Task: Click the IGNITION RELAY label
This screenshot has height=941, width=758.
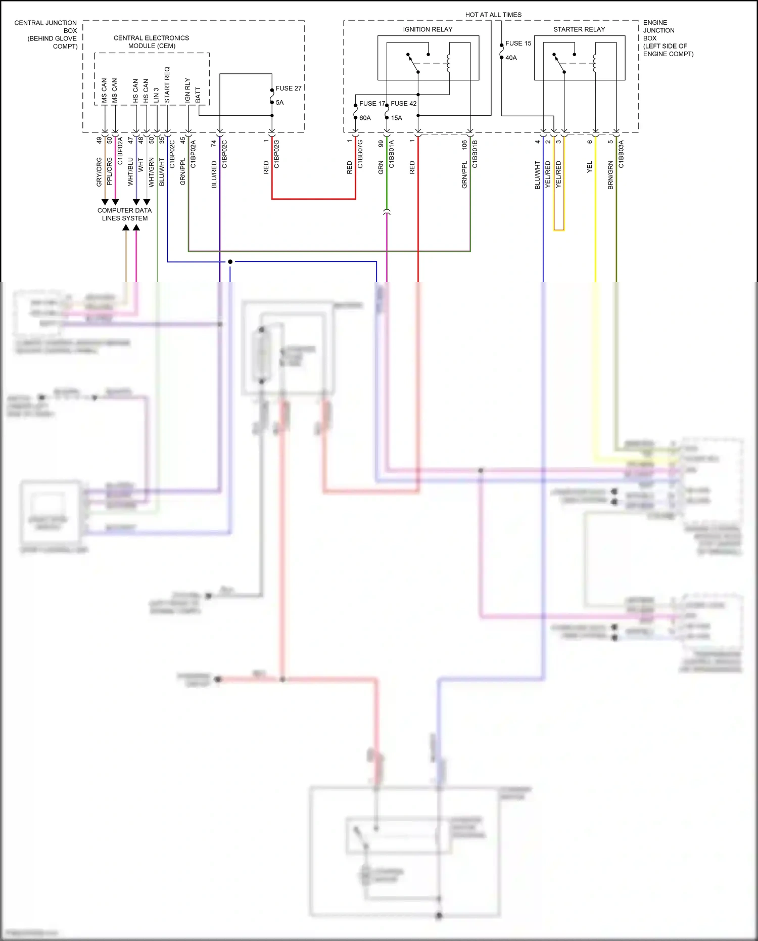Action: click(x=428, y=29)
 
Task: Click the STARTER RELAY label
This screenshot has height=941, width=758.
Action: click(x=579, y=29)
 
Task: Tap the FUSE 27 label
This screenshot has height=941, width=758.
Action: click(x=288, y=88)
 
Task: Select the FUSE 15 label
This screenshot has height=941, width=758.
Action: click(x=518, y=43)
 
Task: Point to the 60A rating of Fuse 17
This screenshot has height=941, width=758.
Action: click(x=365, y=118)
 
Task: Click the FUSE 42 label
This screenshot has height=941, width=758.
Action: click(x=403, y=104)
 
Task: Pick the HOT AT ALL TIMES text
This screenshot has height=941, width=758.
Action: click(x=493, y=15)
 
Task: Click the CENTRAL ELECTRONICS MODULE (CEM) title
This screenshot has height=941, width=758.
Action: click(x=151, y=42)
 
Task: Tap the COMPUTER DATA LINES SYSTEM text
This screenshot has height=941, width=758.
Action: click(x=124, y=214)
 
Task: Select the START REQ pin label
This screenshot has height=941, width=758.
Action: click(x=167, y=85)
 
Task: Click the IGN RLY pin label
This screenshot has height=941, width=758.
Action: click(x=187, y=90)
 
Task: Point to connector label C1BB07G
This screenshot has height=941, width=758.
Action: click(x=360, y=154)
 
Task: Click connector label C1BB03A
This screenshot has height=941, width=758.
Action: click(x=621, y=154)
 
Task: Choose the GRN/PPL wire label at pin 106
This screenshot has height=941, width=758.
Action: click(x=464, y=175)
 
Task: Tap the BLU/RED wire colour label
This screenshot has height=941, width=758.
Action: click(x=214, y=175)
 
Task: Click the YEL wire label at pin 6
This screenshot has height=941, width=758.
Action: click(x=590, y=167)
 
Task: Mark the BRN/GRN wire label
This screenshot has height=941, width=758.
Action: click(x=610, y=175)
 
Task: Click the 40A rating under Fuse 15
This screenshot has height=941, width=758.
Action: click(x=511, y=58)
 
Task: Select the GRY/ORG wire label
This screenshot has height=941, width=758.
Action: click(x=99, y=172)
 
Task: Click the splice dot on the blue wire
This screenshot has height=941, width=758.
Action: click(x=230, y=261)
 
